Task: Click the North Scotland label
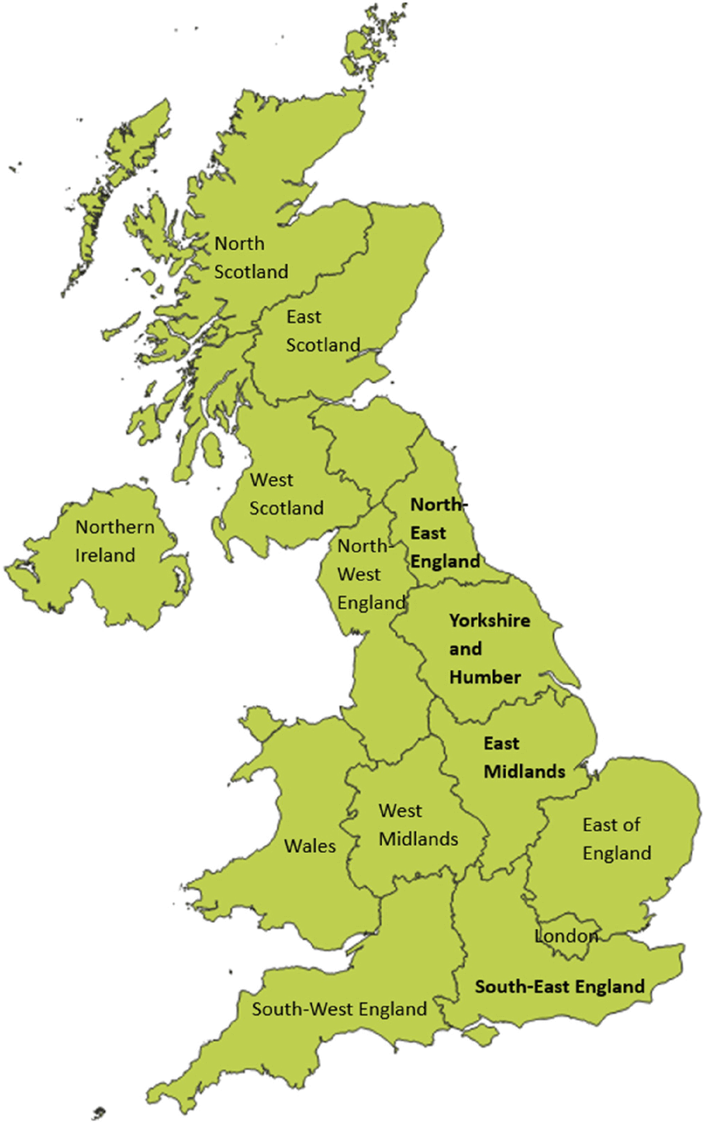click(251, 257)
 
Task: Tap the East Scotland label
click(323, 331)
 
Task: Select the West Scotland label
click(286, 494)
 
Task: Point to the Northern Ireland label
click(115, 541)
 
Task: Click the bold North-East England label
click(445, 532)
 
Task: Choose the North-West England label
click(371, 574)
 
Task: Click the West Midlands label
click(418, 825)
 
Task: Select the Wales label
click(310, 846)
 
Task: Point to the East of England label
click(616, 838)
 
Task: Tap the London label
click(567, 936)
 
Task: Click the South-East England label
click(559, 986)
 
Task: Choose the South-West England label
click(339, 1009)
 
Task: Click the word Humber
click(485, 677)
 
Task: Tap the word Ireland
click(105, 555)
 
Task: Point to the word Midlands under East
click(524, 771)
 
